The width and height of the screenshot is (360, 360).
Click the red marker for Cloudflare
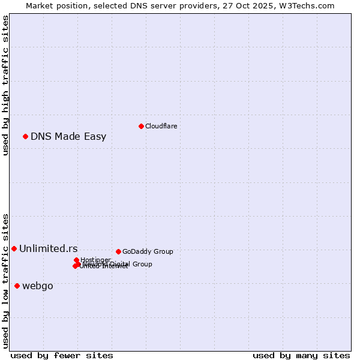[141, 126]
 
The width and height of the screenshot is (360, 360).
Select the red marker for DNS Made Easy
[26, 136]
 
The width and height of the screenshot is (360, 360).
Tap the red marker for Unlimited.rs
[14, 248]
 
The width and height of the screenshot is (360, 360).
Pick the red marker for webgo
[17, 286]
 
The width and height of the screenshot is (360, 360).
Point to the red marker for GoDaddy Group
[118, 251]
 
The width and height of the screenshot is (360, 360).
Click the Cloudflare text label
[161, 126]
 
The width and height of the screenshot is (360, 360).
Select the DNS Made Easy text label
[68, 136]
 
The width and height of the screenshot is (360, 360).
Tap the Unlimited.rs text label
[48, 248]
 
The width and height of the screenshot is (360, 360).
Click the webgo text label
[37, 286]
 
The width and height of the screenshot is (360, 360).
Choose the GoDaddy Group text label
[148, 251]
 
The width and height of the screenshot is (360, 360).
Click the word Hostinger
[95, 260]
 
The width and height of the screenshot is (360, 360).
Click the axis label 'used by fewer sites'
[62, 355]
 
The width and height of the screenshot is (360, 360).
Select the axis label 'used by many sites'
[301, 355]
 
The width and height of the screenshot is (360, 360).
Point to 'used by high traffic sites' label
[6, 85]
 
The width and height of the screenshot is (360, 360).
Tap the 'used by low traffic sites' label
[6, 281]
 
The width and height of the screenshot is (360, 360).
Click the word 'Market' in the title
[40, 5]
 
